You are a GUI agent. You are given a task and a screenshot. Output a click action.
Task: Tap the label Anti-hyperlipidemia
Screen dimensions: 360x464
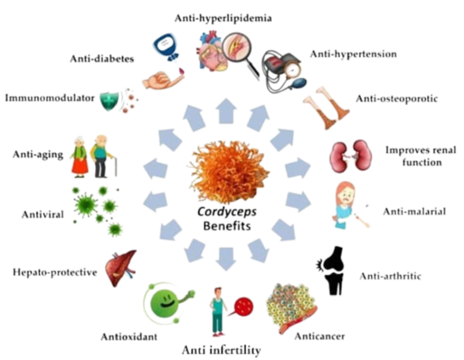tap(223, 19)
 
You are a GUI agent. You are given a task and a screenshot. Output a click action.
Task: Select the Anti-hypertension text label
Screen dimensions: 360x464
tap(354, 54)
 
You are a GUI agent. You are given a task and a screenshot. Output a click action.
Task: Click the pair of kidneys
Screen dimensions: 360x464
tap(351, 156)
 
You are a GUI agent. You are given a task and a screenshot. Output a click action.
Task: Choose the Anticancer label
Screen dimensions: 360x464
tap(320, 335)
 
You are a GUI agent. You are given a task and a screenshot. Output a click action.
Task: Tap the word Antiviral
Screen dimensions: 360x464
tap(42, 214)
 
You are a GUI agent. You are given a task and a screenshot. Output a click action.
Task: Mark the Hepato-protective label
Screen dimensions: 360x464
tap(55, 272)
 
